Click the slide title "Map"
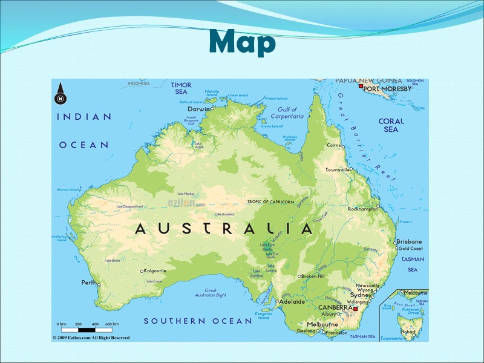coord(242,42)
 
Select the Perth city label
coord(88,283)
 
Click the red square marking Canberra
coord(356,309)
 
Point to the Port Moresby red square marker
coord(361,88)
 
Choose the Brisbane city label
coord(410,241)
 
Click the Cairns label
coord(333,145)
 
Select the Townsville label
coord(337,170)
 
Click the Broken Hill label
coord(313,276)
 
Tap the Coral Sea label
coord(391,125)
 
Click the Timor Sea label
coord(181,88)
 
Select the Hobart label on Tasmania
coord(408,332)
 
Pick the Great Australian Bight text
coord(211,293)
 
